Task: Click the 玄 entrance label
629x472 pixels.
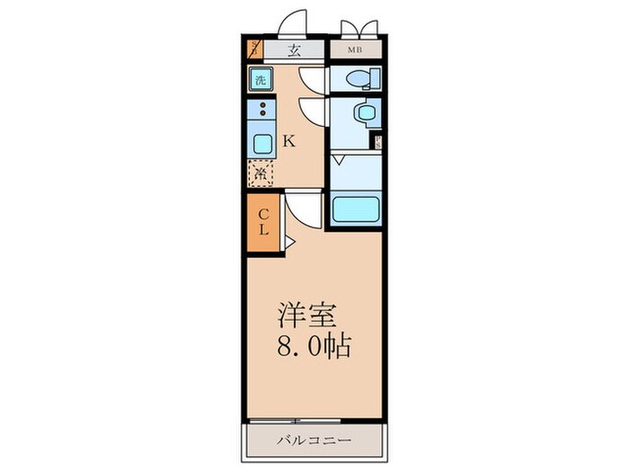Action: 294,50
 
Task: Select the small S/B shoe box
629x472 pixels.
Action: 254,50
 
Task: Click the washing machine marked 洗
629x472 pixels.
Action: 261,79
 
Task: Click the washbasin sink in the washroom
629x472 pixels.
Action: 364,113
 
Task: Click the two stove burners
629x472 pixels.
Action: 262,112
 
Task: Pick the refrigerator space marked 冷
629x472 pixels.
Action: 261,173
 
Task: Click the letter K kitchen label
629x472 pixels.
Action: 289,141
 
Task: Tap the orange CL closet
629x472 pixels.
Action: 264,222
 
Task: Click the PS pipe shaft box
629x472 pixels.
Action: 377,140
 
